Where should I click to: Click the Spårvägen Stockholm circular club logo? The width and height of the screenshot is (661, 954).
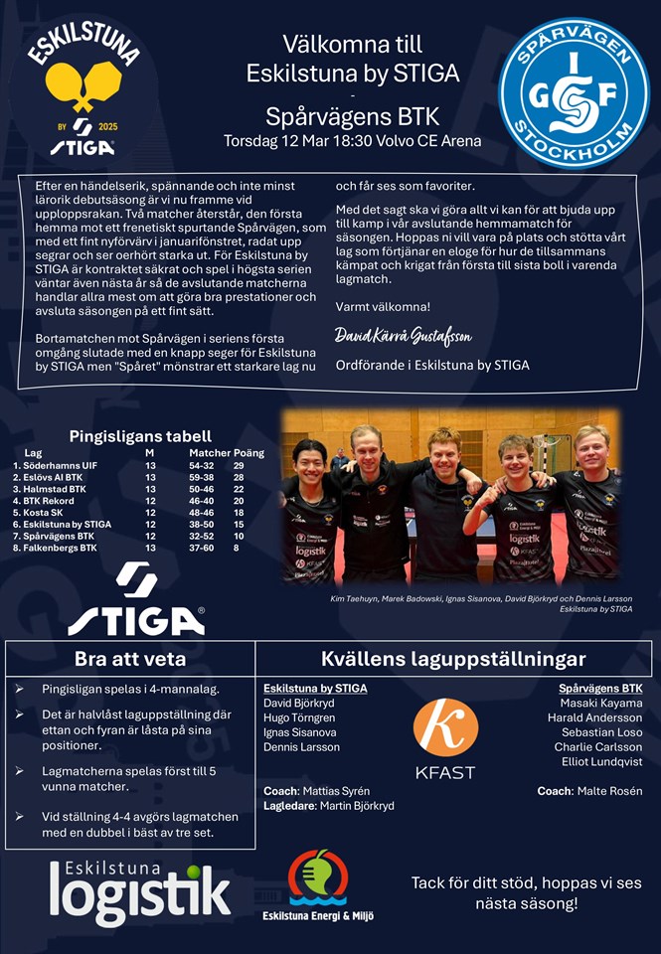coord(574,91)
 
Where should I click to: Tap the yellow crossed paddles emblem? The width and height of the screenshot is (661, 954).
coord(83,85)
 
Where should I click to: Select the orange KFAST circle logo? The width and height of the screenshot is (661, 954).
coord(445,726)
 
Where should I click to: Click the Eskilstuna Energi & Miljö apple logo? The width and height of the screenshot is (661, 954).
coord(317,876)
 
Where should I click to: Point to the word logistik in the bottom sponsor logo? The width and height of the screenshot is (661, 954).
coord(140,893)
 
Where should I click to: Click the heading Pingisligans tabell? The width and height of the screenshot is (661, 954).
coord(140,435)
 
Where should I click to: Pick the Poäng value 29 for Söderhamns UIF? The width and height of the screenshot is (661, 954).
coord(239,465)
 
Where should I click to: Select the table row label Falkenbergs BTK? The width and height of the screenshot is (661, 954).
coord(55,548)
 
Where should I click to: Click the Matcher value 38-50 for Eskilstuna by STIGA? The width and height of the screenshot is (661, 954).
coord(201,524)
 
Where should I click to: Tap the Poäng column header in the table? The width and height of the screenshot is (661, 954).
coord(248,452)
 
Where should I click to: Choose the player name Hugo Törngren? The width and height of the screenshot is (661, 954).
coord(299,717)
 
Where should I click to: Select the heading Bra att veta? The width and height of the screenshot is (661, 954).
coord(130,659)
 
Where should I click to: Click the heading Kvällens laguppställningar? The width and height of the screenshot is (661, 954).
coord(453,659)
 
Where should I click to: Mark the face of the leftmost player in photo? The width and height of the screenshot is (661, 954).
coord(309,459)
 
